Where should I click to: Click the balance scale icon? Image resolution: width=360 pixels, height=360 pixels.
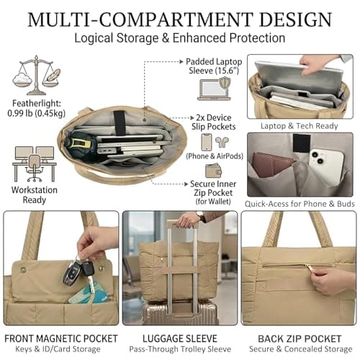click(36, 75)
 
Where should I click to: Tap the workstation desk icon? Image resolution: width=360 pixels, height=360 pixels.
click(35, 164)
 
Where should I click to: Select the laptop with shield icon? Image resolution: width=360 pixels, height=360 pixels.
click(215, 89)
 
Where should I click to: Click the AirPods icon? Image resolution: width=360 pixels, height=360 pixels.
click(222, 142)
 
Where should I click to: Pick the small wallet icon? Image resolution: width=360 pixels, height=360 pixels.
click(213, 171)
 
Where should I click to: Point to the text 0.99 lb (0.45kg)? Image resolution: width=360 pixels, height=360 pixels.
click(37, 113)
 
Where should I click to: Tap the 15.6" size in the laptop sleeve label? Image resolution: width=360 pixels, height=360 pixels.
click(227, 71)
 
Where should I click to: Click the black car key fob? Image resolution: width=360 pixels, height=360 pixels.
click(73, 274)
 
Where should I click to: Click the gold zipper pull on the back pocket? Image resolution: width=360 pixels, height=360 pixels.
click(309, 267)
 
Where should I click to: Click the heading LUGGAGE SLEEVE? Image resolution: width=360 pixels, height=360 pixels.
click(180, 338)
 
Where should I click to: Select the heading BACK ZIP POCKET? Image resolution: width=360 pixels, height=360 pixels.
click(300, 338)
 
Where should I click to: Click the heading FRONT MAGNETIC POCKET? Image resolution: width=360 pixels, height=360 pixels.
click(61, 338)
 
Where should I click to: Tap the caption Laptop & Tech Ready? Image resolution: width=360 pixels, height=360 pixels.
click(300, 126)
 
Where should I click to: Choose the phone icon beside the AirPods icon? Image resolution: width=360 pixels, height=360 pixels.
click(207, 142)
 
